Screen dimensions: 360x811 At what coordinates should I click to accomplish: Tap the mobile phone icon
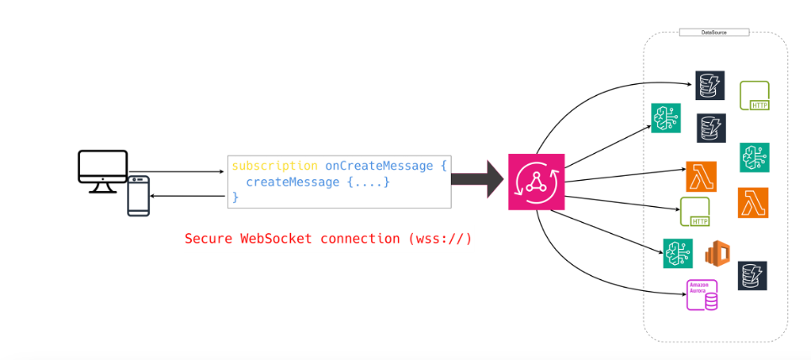pos(138,196)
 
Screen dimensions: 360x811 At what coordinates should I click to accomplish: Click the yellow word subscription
pos(275,166)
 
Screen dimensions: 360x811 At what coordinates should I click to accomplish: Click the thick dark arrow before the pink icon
pos(477,178)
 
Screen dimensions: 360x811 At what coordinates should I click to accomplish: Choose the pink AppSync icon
pos(536,182)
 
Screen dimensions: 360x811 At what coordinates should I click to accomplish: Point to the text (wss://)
pos(439,239)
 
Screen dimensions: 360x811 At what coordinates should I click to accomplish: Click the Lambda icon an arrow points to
pos(701,177)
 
